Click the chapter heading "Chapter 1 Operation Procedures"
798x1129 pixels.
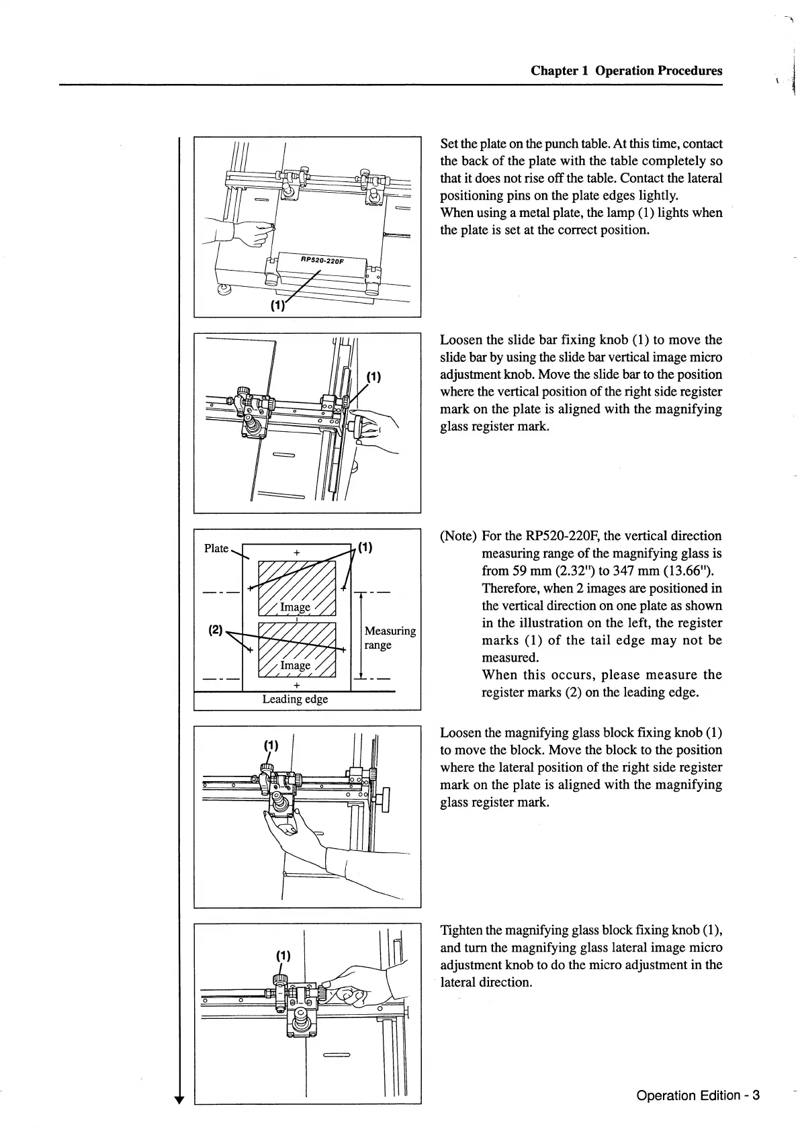(626, 71)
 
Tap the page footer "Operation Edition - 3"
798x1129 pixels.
(697, 1095)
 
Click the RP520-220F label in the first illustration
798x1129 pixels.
(322, 260)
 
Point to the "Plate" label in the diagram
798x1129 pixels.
(216, 548)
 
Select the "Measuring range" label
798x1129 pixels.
(390, 637)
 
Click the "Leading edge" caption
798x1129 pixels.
(295, 699)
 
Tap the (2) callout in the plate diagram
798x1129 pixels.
(215, 630)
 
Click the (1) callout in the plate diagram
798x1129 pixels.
(365, 547)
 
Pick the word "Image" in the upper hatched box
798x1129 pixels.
(295, 607)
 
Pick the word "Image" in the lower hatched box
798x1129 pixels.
(295, 665)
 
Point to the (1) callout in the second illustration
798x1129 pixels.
(373, 376)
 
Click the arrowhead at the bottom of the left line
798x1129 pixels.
(179, 1099)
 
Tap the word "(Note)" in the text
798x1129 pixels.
(458, 536)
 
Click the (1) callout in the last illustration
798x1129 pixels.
(283, 955)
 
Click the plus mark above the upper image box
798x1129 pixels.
(296, 553)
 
